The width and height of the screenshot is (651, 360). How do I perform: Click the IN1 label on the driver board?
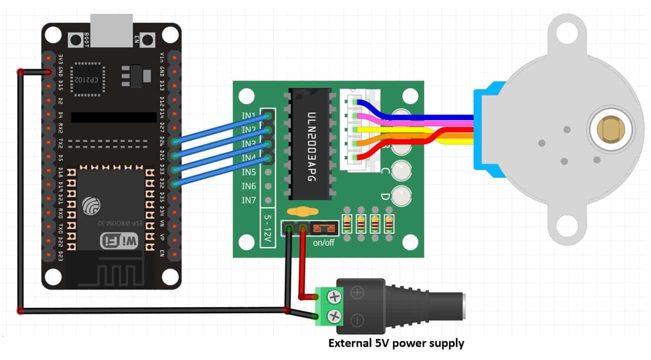(249, 116)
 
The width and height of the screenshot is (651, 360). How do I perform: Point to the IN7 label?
(249, 200)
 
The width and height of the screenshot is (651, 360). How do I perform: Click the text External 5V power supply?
(396, 343)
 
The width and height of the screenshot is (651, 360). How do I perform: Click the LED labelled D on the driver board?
(401, 196)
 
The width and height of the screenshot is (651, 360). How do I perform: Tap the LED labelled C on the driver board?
(401, 171)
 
